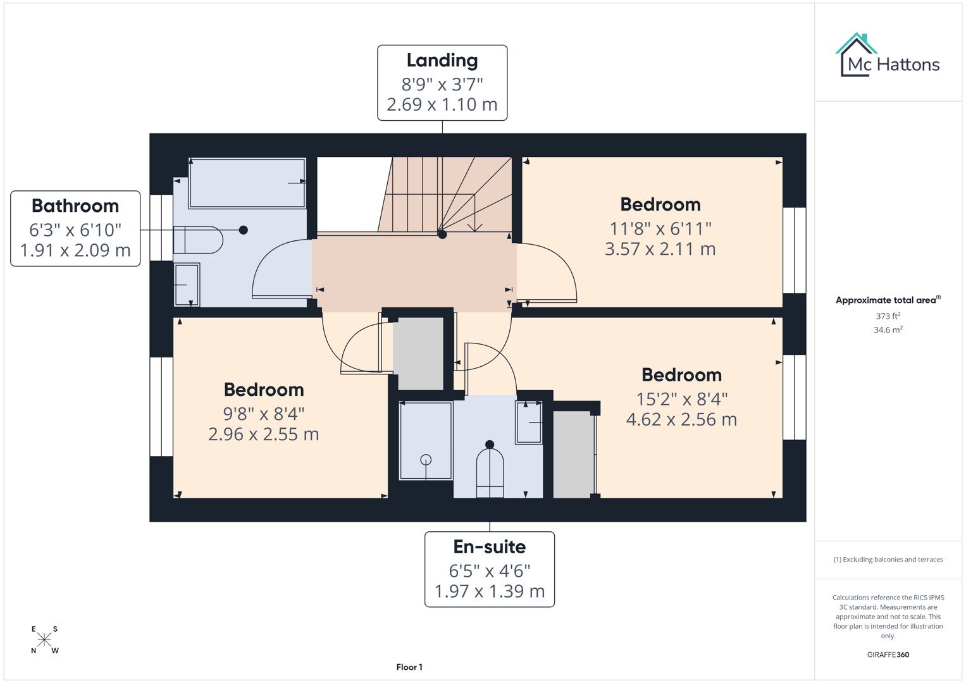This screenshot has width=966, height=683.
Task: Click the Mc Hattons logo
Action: [888, 56]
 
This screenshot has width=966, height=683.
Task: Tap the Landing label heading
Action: [442, 61]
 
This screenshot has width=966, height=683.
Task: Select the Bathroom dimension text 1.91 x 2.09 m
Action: [75, 250]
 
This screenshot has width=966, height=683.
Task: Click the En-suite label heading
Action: [489, 547]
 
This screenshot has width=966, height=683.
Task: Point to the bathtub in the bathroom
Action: [247, 183]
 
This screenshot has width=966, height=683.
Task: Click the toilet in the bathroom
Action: [198, 240]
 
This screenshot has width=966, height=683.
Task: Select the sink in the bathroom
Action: [187, 285]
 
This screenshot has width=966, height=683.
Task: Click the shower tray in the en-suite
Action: [426, 441]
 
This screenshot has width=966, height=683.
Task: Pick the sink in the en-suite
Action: [529, 422]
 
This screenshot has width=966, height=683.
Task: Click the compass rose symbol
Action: [44, 640]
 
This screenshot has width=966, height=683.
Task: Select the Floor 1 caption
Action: [409, 667]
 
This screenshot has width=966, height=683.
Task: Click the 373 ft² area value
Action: [888, 316]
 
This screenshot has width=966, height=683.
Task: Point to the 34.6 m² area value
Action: [888, 330]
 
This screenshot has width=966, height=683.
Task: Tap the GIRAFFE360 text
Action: [888, 655]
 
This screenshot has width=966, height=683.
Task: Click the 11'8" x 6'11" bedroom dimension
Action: [660, 228]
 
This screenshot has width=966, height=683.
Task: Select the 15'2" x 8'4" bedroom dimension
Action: [681, 399]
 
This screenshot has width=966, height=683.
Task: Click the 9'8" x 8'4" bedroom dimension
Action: [264, 414]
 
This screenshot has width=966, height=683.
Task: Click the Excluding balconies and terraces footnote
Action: [888, 560]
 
